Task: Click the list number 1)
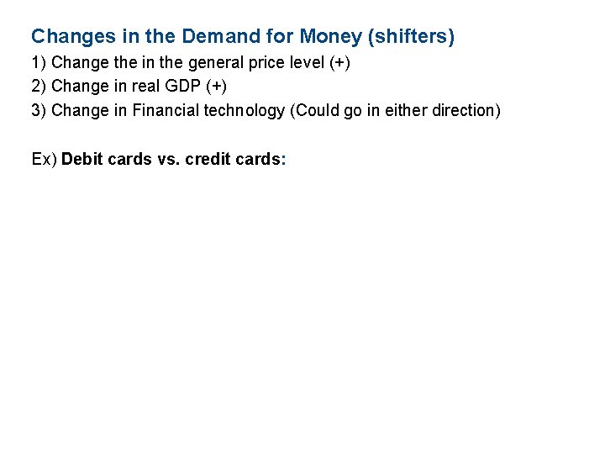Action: (39, 64)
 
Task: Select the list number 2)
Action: (39, 87)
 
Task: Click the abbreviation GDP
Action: (181, 87)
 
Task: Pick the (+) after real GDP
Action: (214, 87)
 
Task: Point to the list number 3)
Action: (39, 110)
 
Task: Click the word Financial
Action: (166, 110)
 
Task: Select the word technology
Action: (245, 110)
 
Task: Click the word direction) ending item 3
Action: (466, 110)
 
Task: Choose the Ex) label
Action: (44, 159)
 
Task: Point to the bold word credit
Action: (207, 159)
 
